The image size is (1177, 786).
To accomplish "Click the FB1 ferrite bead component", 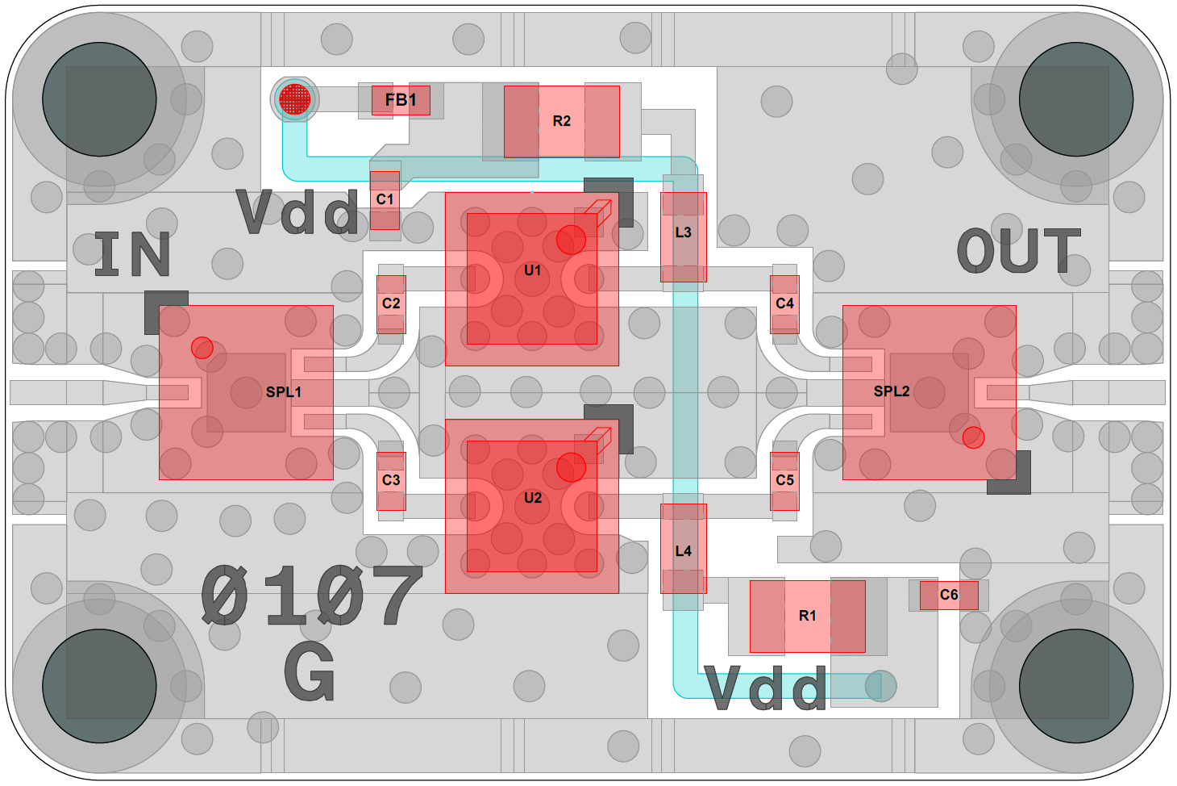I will [x=401, y=100].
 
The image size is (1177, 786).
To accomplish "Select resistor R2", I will [x=562, y=121].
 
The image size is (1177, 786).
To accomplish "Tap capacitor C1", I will [x=385, y=199].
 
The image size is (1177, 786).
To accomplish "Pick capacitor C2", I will [x=391, y=303].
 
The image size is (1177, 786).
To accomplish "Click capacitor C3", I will [x=391, y=480].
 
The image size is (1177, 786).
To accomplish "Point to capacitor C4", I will [x=784, y=303].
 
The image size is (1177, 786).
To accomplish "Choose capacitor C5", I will [x=784, y=480].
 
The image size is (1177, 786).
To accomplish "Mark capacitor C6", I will [x=949, y=595].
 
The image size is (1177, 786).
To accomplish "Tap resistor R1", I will [x=807, y=616].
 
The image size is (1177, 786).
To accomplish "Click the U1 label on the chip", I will [x=533, y=270].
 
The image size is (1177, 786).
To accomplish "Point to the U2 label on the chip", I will [x=533, y=498].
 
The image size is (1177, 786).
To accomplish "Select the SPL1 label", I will [x=284, y=392].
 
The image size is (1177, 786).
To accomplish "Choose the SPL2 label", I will [x=892, y=391].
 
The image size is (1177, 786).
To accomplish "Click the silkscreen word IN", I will [x=132, y=254].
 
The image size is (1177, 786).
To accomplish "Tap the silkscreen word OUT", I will [x=1018, y=250].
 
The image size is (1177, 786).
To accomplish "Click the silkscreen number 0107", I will [x=312, y=596].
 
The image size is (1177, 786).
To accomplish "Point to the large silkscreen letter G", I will [x=310, y=671].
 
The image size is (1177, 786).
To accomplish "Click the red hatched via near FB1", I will [x=294, y=99].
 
